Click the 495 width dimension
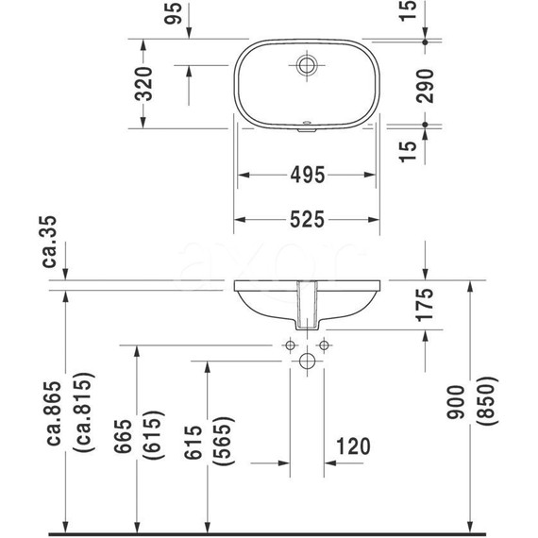click(308, 175)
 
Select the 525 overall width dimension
click(308, 219)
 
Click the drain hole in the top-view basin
click(308, 65)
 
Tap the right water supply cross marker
click(324, 345)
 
